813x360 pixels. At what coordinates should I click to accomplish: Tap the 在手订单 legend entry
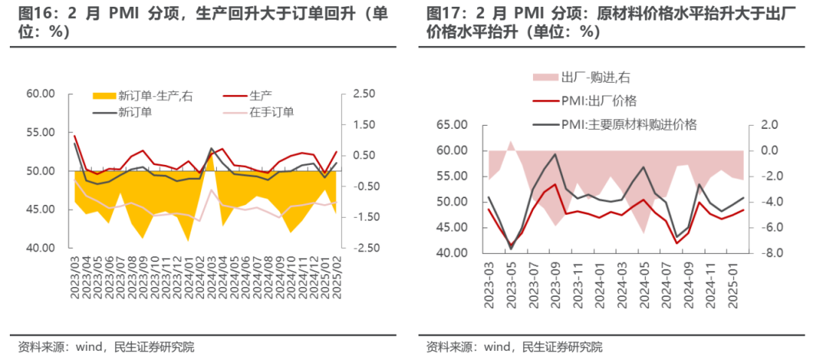(x=272, y=111)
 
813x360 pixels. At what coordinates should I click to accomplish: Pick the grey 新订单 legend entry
(x=135, y=111)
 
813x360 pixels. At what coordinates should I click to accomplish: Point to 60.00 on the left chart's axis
(x=41, y=94)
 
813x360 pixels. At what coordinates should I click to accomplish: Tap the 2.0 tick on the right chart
(x=769, y=125)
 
